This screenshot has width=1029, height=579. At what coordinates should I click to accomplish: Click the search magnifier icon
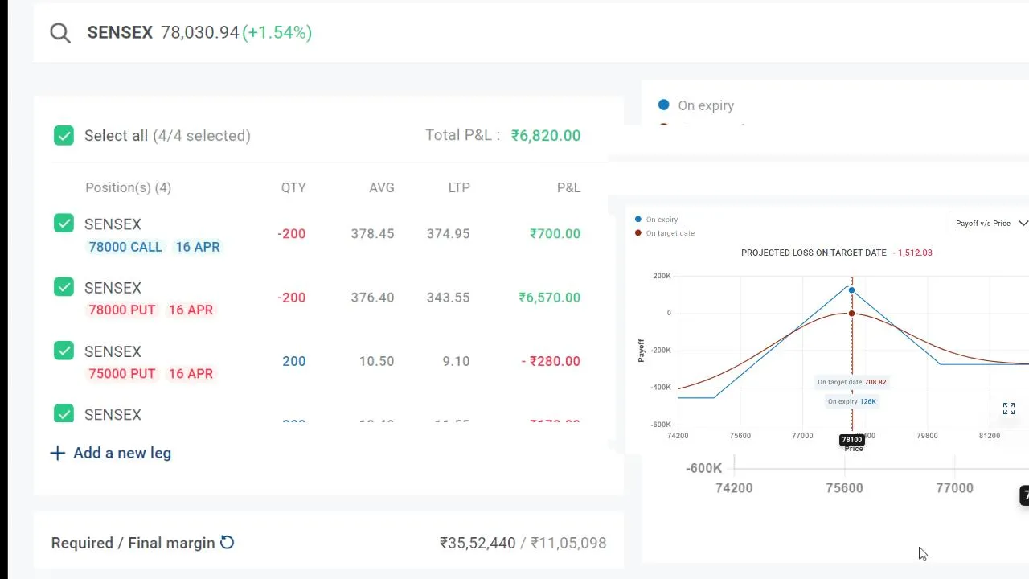(60, 33)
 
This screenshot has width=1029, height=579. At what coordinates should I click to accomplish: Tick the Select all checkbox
(64, 135)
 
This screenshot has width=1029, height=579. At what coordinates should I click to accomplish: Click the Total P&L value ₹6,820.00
(545, 135)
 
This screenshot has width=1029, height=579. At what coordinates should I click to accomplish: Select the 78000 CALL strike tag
(125, 247)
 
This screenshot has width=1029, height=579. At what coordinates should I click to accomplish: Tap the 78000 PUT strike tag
(121, 310)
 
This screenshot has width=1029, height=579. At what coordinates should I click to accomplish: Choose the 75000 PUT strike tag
(121, 373)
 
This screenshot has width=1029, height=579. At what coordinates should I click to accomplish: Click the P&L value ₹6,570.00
(549, 298)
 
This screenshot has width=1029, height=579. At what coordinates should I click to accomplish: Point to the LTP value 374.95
(448, 233)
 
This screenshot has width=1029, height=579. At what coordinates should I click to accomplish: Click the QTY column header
(293, 187)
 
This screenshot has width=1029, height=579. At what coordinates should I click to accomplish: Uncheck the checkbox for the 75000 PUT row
(64, 351)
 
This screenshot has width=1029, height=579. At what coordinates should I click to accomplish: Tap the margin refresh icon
(228, 543)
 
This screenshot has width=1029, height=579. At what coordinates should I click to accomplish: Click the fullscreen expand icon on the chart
(1009, 409)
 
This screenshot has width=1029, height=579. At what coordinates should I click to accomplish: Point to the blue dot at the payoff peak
(851, 290)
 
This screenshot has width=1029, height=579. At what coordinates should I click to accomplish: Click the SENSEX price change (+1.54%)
(277, 32)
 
